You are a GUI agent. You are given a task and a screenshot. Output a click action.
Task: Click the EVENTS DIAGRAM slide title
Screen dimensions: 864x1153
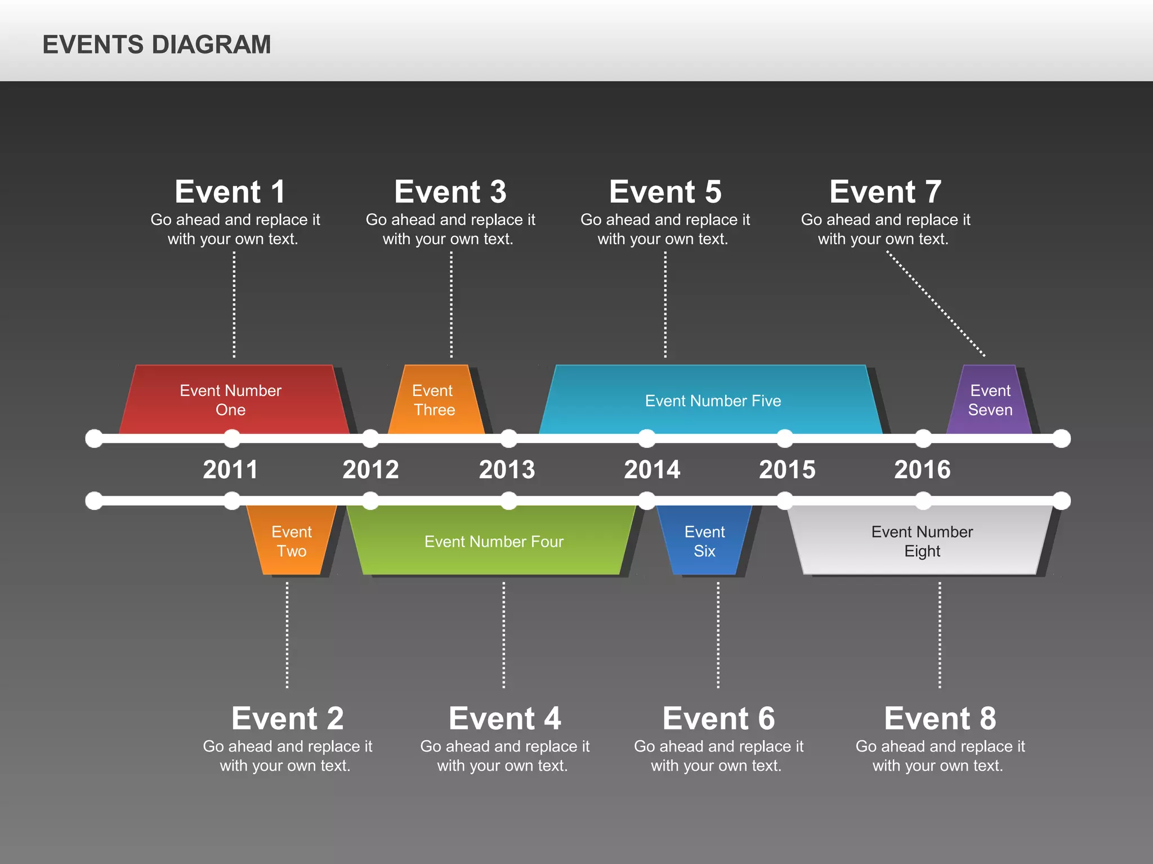(157, 44)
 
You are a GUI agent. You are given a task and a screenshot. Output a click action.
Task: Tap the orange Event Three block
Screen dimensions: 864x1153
(435, 400)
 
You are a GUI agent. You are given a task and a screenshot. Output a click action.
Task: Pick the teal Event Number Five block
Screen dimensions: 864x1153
(712, 400)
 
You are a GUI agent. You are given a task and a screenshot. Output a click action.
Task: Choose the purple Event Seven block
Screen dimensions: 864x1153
(990, 400)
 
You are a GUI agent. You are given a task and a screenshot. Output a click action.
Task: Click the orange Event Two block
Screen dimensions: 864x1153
(291, 541)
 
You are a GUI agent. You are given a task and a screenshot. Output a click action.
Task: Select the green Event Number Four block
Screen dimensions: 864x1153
(493, 541)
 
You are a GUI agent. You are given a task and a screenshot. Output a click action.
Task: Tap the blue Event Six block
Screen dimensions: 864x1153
(704, 541)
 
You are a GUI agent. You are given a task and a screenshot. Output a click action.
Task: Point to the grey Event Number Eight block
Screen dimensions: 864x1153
(922, 541)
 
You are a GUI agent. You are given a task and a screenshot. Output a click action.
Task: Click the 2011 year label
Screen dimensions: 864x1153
(230, 470)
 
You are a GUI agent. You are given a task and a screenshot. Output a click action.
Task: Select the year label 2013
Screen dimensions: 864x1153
(507, 470)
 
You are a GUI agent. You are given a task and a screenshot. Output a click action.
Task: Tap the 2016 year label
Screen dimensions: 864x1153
(922, 470)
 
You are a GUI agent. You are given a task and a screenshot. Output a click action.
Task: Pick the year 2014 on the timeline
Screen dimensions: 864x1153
(652, 470)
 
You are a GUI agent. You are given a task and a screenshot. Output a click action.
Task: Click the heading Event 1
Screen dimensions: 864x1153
(230, 192)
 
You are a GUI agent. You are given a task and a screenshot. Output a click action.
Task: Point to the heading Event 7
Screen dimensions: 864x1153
(885, 192)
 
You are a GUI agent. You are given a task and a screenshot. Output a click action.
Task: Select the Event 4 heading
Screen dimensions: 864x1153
(505, 718)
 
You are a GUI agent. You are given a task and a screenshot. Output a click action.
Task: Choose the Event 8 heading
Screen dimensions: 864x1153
(940, 718)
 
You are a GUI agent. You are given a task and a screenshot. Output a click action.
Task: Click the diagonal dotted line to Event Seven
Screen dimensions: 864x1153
(936, 304)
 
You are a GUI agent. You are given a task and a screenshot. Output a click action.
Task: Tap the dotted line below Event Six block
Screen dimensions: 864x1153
(718, 636)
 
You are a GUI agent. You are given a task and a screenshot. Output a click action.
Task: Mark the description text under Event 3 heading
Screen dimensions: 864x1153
(450, 229)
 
